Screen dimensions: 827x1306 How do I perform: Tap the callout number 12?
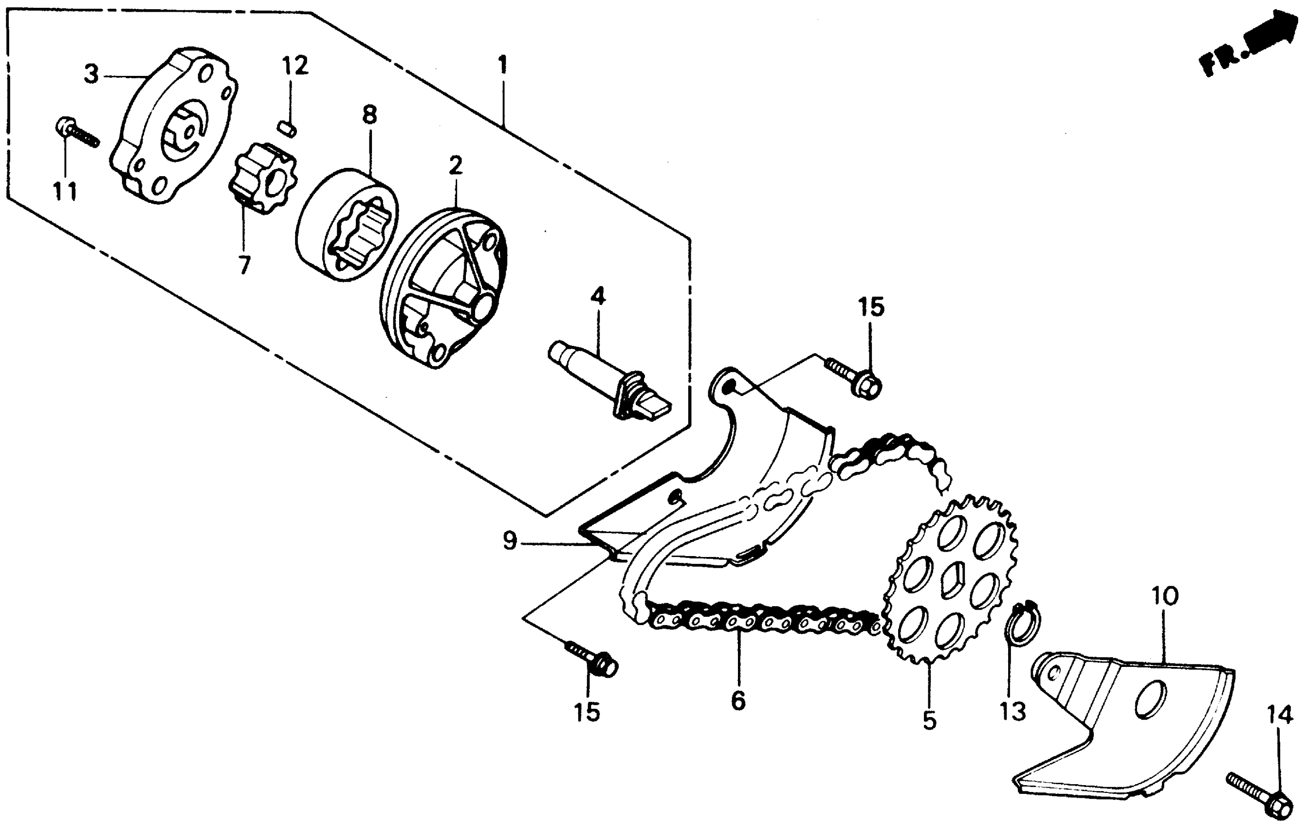[x=295, y=66]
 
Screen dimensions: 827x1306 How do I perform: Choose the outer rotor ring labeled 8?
[x=347, y=225]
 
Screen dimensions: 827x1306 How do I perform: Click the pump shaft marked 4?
[x=607, y=379]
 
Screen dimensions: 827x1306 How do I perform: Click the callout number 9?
[x=509, y=540]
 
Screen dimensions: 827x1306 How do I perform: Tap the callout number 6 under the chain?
[x=738, y=701]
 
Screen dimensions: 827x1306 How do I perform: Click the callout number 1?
[x=503, y=65]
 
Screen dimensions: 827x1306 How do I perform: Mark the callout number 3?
[x=91, y=74]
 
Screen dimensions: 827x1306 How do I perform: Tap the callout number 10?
[x=1164, y=596]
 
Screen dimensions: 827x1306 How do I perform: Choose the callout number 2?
[x=456, y=165]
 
